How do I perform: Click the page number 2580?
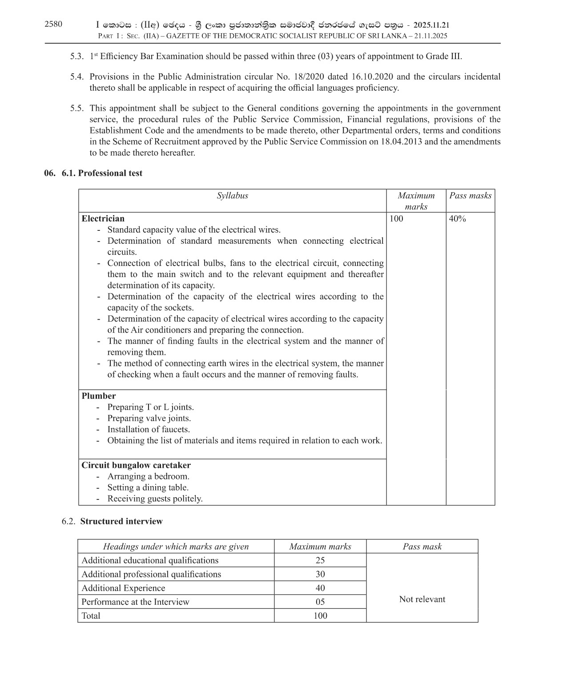[x=53, y=24]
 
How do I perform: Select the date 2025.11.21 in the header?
[x=431, y=26]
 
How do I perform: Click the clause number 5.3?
[x=76, y=56]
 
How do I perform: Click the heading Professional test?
[x=110, y=173]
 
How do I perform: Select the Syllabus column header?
[x=232, y=196]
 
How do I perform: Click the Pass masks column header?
[x=470, y=196]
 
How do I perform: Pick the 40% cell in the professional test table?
[x=457, y=219]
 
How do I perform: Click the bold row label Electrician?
[x=103, y=219]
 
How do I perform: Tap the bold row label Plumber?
[x=98, y=396]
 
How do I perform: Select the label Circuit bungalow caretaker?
[x=136, y=465]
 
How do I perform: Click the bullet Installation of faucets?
[x=148, y=430]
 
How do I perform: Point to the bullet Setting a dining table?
[x=148, y=487]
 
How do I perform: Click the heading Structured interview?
[x=121, y=521]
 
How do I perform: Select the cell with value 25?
[x=320, y=560]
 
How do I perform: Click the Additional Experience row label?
[x=123, y=588]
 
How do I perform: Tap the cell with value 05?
[x=320, y=602]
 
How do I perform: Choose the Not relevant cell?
[x=422, y=599]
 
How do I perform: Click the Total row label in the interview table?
[x=91, y=616]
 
